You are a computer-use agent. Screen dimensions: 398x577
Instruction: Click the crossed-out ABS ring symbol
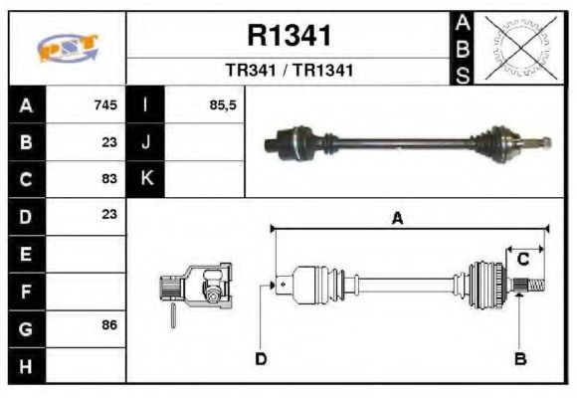(x=519, y=47)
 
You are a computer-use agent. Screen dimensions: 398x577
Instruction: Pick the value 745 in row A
(x=105, y=104)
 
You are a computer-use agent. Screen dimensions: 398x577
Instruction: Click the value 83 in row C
(x=109, y=179)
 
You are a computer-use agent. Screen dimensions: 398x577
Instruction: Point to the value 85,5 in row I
(x=223, y=104)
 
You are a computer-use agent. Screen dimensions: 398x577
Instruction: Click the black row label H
(x=25, y=365)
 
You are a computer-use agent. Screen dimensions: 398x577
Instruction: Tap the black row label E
(x=25, y=254)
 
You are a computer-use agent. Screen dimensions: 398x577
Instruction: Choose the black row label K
(x=146, y=179)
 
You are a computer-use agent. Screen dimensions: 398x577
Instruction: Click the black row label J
(x=146, y=141)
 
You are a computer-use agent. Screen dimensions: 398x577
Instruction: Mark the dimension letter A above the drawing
(x=397, y=219)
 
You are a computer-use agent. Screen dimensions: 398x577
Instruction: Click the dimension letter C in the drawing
(x=522, y=260)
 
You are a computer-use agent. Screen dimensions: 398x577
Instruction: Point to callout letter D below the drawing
(x=261, y=358)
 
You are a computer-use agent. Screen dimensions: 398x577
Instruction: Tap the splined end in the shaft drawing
(x=532, y=286)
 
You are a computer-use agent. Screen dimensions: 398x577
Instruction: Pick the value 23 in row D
(x=109, y=214)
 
